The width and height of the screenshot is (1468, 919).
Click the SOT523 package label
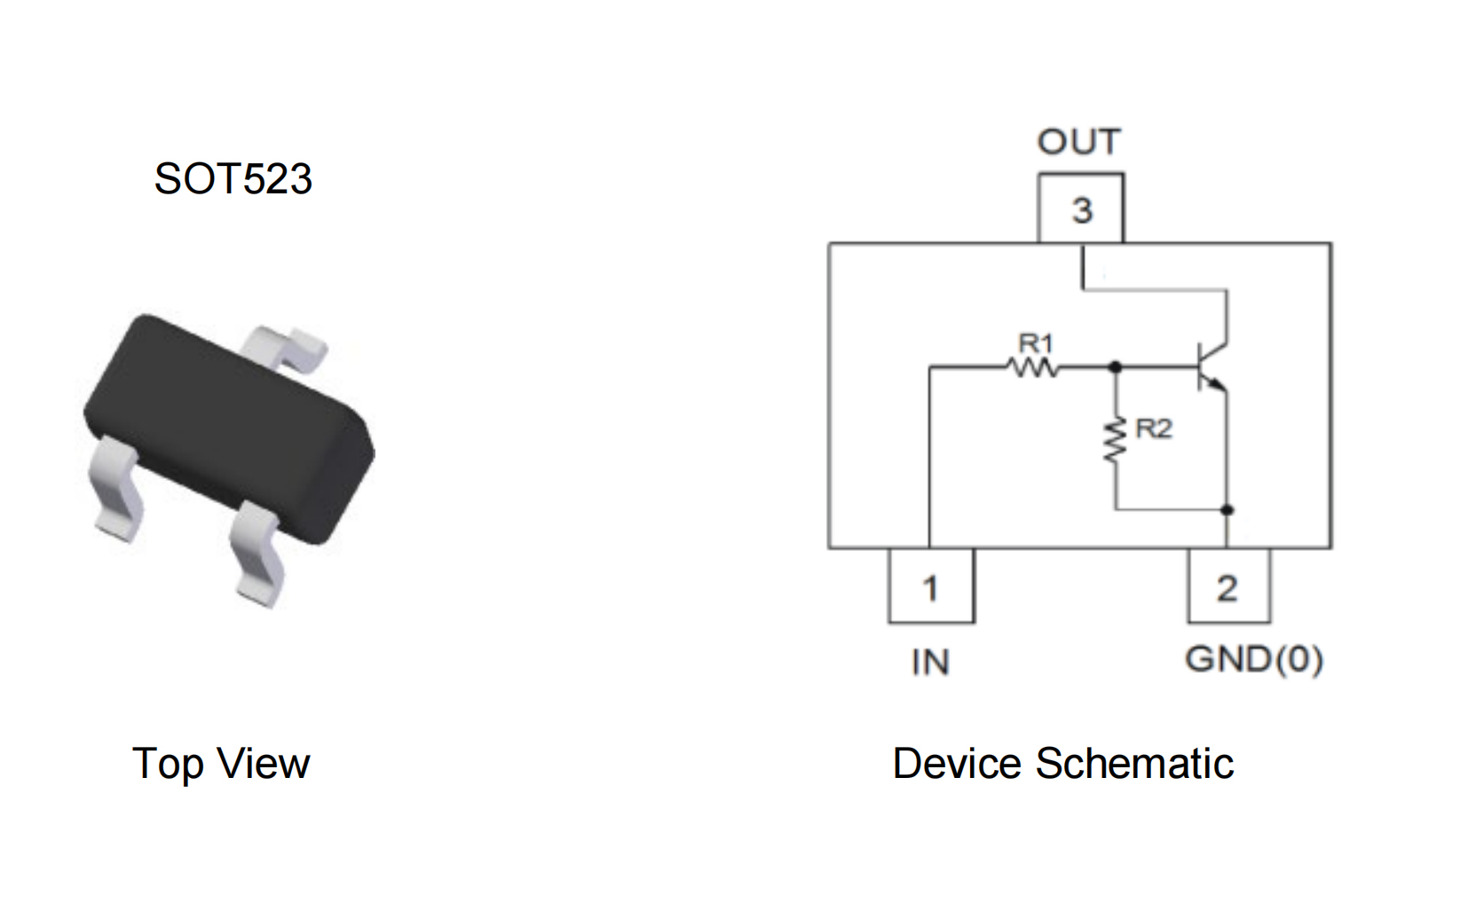pos(233,178)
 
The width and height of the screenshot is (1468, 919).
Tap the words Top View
pos(221,764)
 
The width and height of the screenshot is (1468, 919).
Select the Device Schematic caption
pos(1063,764)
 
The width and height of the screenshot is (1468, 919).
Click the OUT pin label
pos(1079,141)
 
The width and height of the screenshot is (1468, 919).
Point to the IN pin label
pos(931,663)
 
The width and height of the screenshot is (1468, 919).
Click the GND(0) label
pos(1254,659)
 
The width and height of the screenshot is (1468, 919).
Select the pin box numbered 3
pos(1081,208)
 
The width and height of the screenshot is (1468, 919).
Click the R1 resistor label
pos(1036,342)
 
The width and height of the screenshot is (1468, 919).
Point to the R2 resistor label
pos(1154,428)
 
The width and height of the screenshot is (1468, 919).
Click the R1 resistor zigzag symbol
pos(1032,367)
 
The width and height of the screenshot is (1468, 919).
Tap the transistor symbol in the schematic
pos(1211,367)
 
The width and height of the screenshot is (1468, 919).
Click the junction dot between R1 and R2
pos(1115,367)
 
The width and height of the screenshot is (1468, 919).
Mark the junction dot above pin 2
pos(1227,509)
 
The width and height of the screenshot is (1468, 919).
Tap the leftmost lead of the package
pos(116,488)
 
